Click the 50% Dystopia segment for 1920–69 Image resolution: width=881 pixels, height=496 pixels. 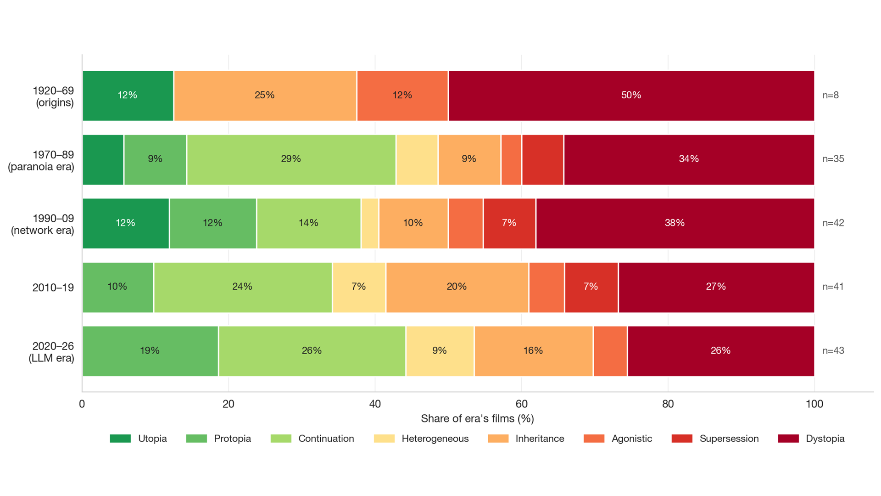pyautogui.click(x=631, y=96)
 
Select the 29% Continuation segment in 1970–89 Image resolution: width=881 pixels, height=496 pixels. pyautogui.click(x=291, y=160)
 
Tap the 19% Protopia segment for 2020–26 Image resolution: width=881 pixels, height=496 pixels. pyautogui.click(x=151, y=351)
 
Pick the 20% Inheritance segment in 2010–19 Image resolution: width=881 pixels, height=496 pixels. pyautogui.click(x=457, y=287)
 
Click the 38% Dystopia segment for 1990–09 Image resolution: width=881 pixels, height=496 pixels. pyautogui.click(x=675, y=224)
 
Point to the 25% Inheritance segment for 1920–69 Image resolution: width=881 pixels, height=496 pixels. pyautogui.click(x=265, y=96)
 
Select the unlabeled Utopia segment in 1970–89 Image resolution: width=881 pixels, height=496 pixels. pyautogui.click(x=103, y=160)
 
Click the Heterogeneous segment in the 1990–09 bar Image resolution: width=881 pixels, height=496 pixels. pyautogui.click(x=370, y=224)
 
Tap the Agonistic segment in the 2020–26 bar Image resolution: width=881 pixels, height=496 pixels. pyautogui.click(x=610, y=351)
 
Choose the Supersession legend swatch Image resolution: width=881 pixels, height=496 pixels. pyautogui.click(x=682, y=439)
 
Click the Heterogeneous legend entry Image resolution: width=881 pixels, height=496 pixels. pyautogui.click(x=421, y=439)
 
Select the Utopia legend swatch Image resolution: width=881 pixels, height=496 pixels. pyautogui.click(x=120, y=439)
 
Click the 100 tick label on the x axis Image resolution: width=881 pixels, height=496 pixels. pyautogui.click(x=814, y=404)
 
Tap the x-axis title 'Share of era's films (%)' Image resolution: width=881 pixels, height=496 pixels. pyautogui.click(x=477, y=419)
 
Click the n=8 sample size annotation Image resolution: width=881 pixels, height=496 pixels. pyautogui.click(x=831, y=96)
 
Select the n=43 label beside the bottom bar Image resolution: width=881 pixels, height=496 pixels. pyautogui.click(x=833, y=351)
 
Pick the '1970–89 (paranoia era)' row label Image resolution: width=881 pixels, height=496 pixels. pyautogui.click(x=41, y=161)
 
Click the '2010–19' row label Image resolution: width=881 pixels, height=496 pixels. pyautogui.click(x=53, y=288)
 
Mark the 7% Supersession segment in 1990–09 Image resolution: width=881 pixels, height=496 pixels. pyautogui.click(x=510, y=224)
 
